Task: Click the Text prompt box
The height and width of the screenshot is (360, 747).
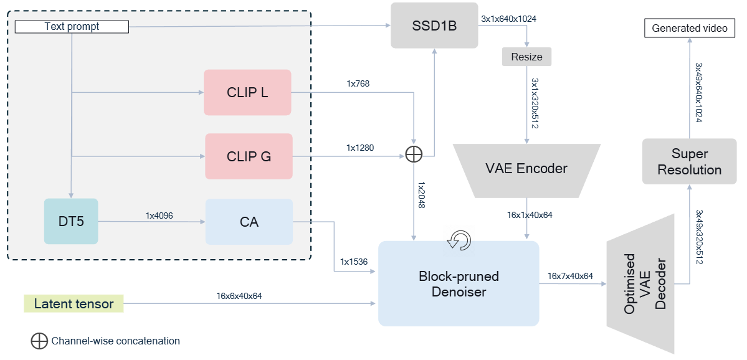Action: pos(72,27)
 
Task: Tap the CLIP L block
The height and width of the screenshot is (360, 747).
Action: pos(247,92)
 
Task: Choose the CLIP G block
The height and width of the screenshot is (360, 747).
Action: pos(249,156)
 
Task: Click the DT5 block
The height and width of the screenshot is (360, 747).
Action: pos(71,221)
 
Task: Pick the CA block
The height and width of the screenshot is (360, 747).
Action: pos(249,221)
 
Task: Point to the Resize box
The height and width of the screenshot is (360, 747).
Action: pos(526,57)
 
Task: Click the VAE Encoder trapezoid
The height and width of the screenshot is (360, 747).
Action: pos(526,169)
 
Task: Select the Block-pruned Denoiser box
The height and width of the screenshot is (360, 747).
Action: pos(459,283)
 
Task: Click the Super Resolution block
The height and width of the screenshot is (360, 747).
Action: pos(689,161)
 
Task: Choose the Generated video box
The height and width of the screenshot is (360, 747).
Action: pos(689,28)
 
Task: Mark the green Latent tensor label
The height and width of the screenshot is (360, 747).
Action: pos(74,304)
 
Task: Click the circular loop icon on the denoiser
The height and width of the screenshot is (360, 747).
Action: pos(460,240)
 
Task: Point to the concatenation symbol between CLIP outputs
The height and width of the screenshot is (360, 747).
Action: pos(414,154)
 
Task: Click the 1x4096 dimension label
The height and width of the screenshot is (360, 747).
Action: pos(159,216)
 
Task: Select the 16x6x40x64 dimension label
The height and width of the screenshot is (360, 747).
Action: pos(239,296)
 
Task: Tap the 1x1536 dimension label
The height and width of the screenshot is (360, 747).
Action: pos(354,262)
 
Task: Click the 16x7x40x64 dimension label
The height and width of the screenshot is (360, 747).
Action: pos(570,276)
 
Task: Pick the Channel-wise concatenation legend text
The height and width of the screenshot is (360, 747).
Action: pos(116,341)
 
